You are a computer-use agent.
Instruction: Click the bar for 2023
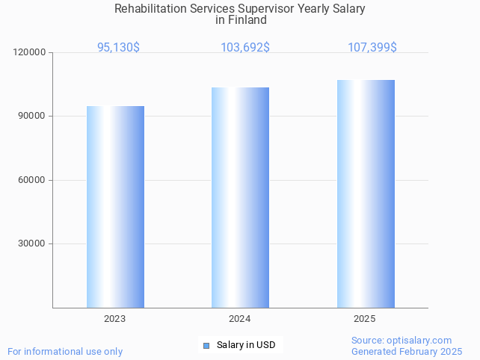point(115,207)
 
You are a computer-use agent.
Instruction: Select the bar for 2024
point(240,198)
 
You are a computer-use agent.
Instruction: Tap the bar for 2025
point(366,194)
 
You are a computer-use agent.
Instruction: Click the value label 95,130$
point(118,47)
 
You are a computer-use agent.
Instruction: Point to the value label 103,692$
point(245,47)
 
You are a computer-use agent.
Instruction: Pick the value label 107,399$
point(372,47)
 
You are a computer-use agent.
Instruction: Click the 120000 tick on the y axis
point(30,52)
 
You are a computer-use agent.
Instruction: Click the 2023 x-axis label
point(114,319)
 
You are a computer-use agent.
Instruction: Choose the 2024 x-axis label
point(239,319)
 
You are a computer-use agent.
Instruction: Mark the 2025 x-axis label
point(365,319)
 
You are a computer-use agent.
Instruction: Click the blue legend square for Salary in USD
point(206,345)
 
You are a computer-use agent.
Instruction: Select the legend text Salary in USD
point(246,345)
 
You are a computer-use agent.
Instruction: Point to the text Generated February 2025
point(407,351)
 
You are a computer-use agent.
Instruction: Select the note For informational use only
point(65,351)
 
